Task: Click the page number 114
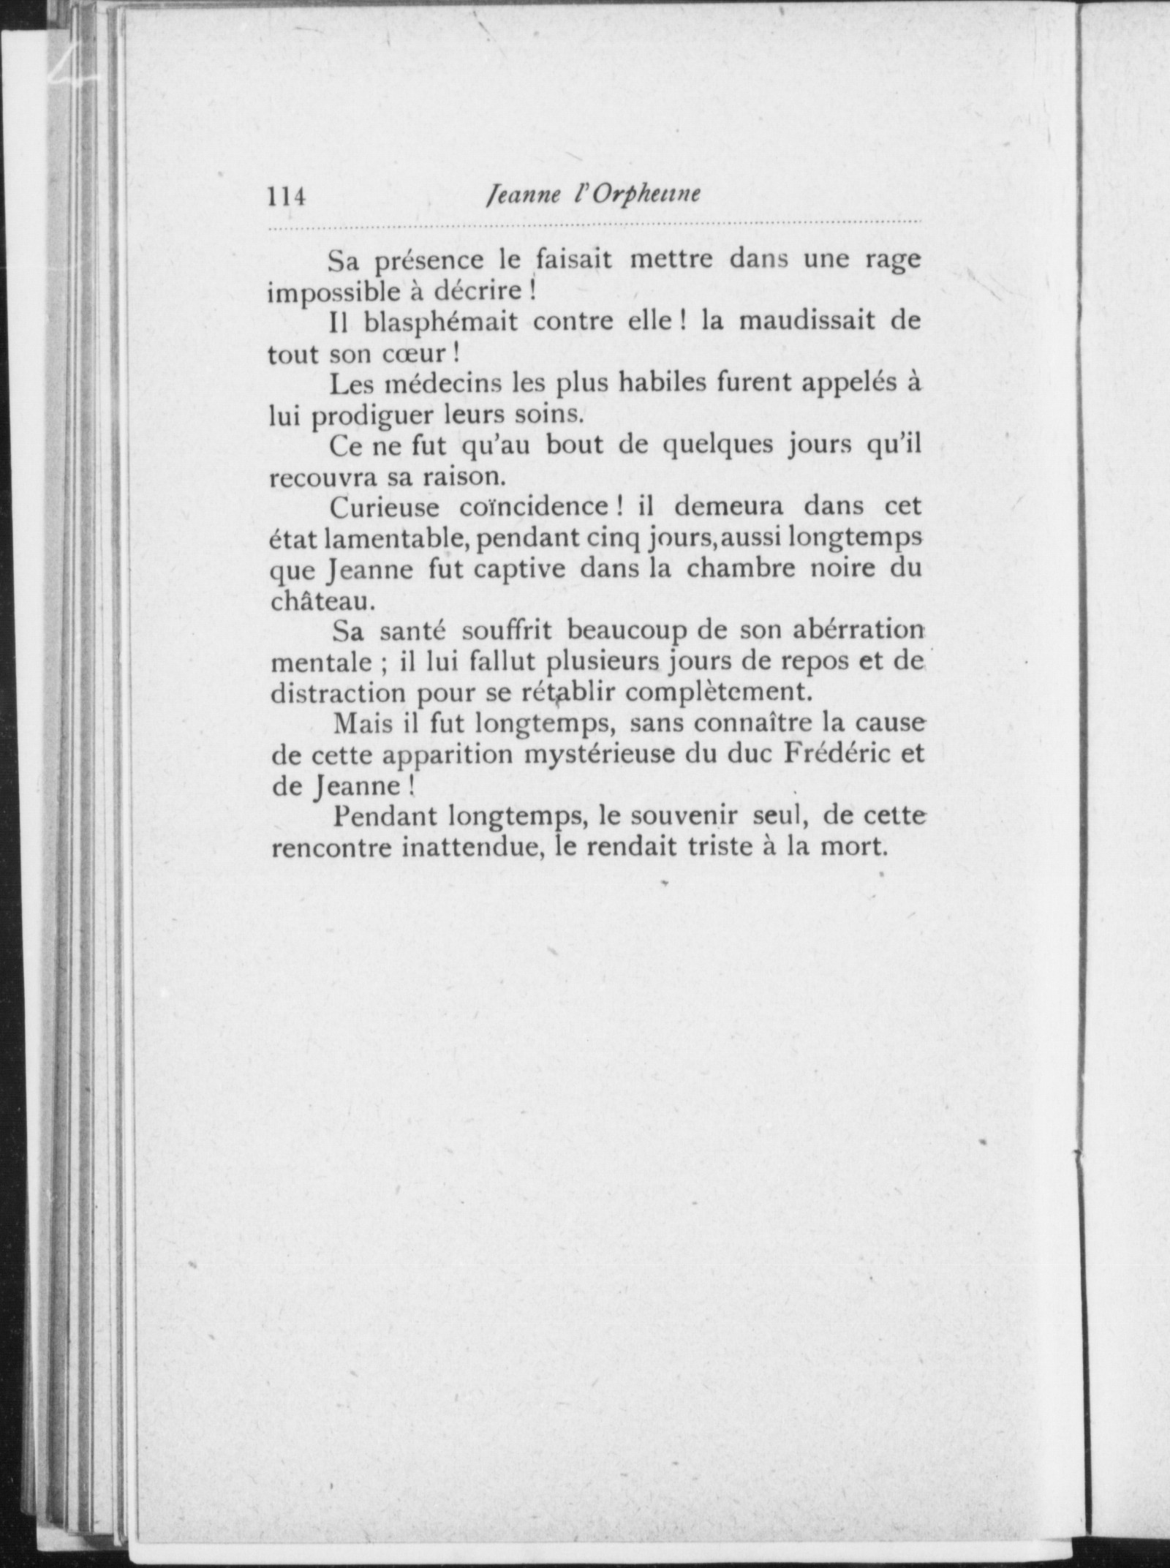click(x=287, y=197)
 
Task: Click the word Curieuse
click(x=384, y=507)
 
